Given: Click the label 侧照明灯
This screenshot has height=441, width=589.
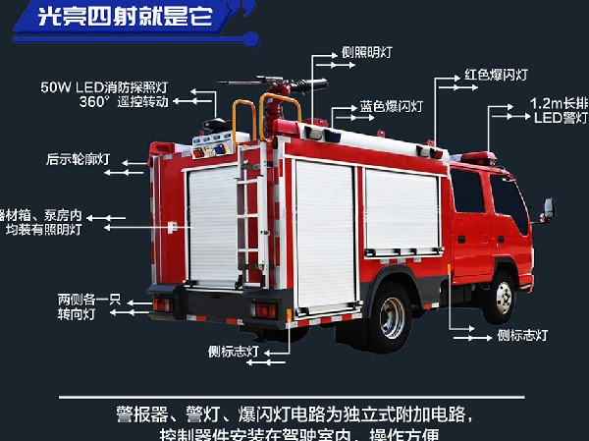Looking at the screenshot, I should coord(368,54).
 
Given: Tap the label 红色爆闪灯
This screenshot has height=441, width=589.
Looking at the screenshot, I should coord(497,75).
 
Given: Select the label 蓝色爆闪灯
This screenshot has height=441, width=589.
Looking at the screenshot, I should coord(390,105).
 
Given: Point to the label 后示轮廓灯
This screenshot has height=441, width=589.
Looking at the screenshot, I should coord(77,159).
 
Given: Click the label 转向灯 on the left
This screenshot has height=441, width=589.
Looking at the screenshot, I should coord(77,314).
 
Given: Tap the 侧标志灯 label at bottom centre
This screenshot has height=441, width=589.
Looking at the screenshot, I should coord(233,350).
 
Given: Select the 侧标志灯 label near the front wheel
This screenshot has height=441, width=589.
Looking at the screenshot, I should coord(522,335).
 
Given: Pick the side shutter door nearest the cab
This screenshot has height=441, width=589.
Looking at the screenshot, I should coord(402,213).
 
